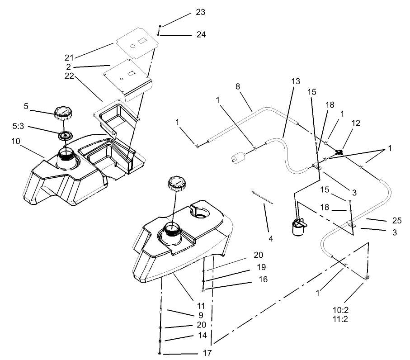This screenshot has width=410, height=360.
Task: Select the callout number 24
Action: (x=201, y=34)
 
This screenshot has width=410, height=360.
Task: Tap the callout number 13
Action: (x=296, y=81)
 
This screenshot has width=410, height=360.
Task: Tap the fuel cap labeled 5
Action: (x=63, y=112)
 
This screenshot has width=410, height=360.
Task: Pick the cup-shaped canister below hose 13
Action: (x=298, y=226)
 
